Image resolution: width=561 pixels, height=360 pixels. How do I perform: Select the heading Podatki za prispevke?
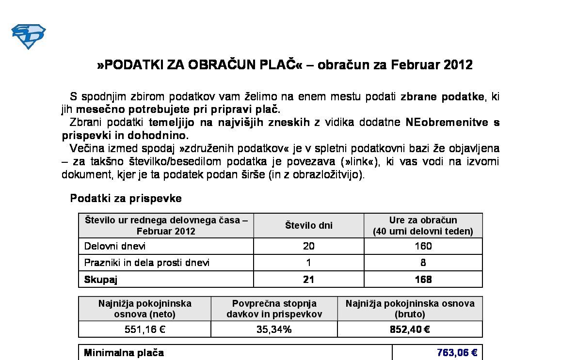(x=126, y=198)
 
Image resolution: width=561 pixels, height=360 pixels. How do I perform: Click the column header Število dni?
(x=308, y=225)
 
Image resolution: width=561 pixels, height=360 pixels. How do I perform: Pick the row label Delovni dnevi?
(x=115, y=246)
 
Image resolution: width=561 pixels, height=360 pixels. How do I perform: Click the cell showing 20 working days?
(x=308, y=246)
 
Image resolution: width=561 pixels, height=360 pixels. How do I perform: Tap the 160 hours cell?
(x=423, y=246)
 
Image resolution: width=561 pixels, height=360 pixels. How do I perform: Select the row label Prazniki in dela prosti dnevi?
(x=147, y=263)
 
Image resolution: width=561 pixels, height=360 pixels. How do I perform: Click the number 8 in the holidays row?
(x=423, y=263)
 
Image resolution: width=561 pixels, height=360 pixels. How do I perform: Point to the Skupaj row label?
(x=101, y=280)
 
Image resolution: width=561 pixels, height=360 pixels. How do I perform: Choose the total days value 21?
(x=308, y=280)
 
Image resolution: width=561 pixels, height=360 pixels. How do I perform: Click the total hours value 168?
(x=423, y=280)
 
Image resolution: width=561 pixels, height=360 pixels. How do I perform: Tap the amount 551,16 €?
(x=144, y=329)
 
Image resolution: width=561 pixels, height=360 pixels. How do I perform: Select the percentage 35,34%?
(x=274, y=329)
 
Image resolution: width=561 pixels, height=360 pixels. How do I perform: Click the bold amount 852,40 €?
(x=410, y=329)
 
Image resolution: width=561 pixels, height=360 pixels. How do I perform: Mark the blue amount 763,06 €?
(x=457, y=353)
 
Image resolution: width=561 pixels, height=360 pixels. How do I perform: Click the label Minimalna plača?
(x=124, y=353)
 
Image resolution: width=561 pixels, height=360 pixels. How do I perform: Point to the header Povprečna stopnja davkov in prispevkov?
(x=274, y=309)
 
